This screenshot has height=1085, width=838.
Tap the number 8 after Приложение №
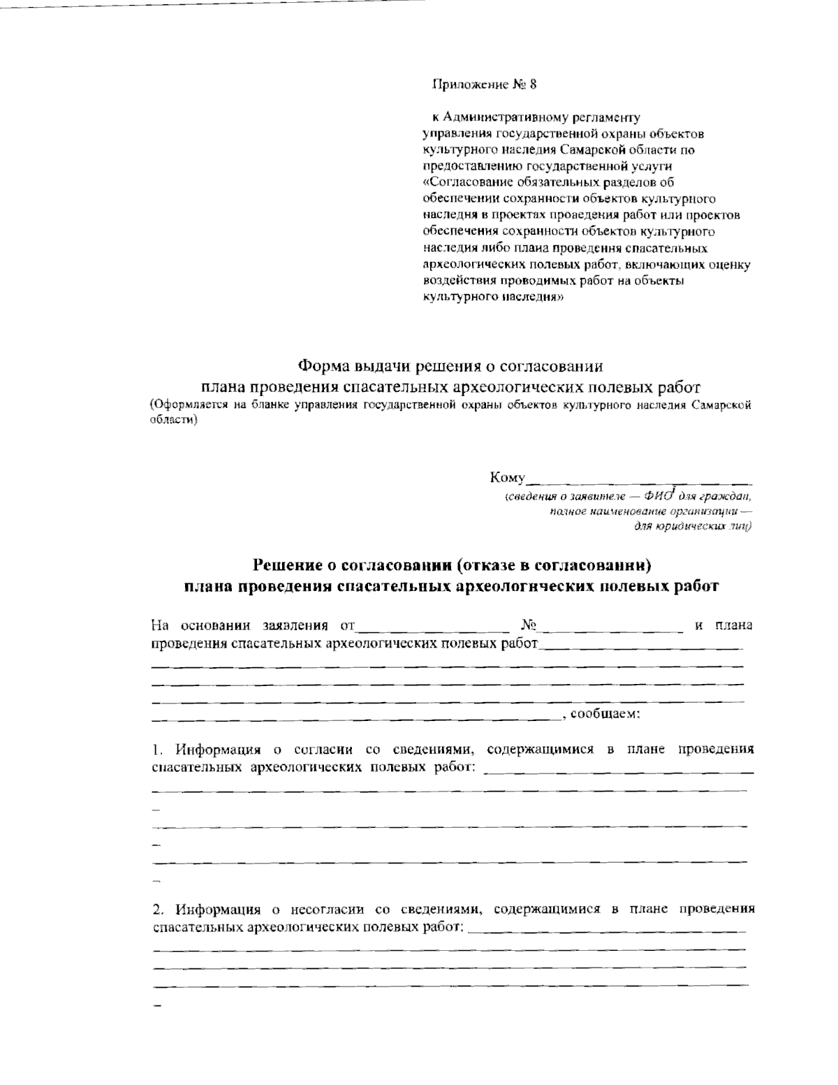click(x=534, y=85)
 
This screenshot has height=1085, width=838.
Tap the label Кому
click(x=507, y=479)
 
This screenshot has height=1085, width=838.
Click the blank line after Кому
click(x=639, y=481)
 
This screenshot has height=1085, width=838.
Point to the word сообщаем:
click(x=605, y=715)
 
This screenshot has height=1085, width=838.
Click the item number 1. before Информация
click(x=158, y=751)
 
